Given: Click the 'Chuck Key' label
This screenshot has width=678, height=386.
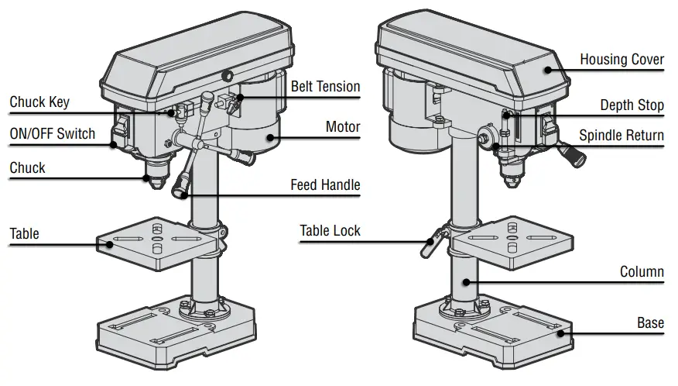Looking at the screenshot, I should [x=39, y=102].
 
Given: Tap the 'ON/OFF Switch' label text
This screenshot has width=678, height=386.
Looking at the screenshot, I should [x=53, y=133].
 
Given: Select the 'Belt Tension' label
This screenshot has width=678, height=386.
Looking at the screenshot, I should [x=325, y=86].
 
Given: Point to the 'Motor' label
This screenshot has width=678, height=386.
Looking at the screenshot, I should [x=343, y=126].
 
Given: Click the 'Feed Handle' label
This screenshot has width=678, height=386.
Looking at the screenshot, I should [x=325, y=185].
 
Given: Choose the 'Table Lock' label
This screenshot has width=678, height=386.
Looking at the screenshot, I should [x=330, y=230].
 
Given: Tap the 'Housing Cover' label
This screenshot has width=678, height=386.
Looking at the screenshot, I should [x=621, y=60].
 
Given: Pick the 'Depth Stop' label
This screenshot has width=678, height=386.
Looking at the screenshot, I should [x=632, y=105].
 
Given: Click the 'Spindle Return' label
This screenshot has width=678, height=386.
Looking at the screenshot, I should [x=621, y=136].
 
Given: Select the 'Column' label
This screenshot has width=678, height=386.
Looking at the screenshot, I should [x=642, y=272].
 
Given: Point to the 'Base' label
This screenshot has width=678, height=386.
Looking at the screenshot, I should [x=650, y=322].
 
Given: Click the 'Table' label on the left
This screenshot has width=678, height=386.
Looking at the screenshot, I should [x=24, y=233].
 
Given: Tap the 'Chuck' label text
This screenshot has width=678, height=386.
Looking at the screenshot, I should [x=27, y=167].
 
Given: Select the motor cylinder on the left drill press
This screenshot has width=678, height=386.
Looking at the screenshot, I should [x=255, y=128].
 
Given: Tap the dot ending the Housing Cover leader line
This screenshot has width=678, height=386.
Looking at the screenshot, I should [x=547, y=70].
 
